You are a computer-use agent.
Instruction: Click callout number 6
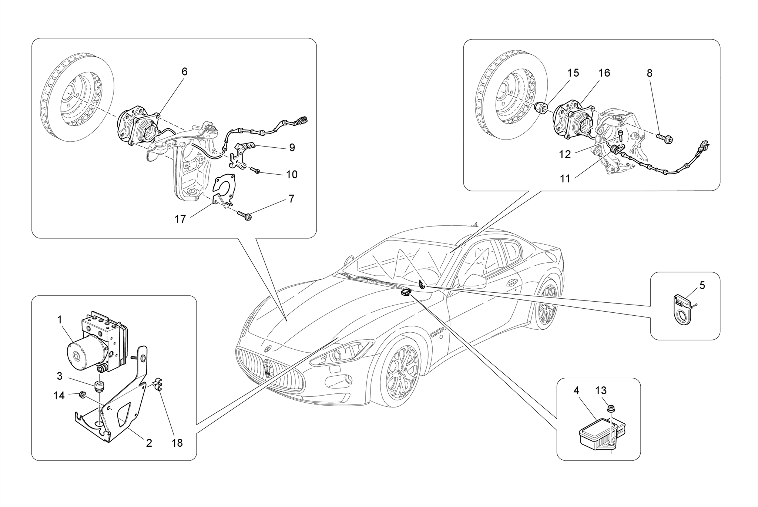(x=184, y=71)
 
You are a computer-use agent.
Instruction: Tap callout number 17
(x=180, y=219)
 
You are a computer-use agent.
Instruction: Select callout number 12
(x=565, y=154)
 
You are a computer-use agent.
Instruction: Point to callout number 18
(x=177, y=443)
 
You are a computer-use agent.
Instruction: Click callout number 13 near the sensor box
(x=601, y=390)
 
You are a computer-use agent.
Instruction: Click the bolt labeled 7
(x=245, y=215)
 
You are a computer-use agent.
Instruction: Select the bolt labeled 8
(x=665, y=139)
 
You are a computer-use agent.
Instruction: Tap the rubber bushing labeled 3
(x=99, y=386)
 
